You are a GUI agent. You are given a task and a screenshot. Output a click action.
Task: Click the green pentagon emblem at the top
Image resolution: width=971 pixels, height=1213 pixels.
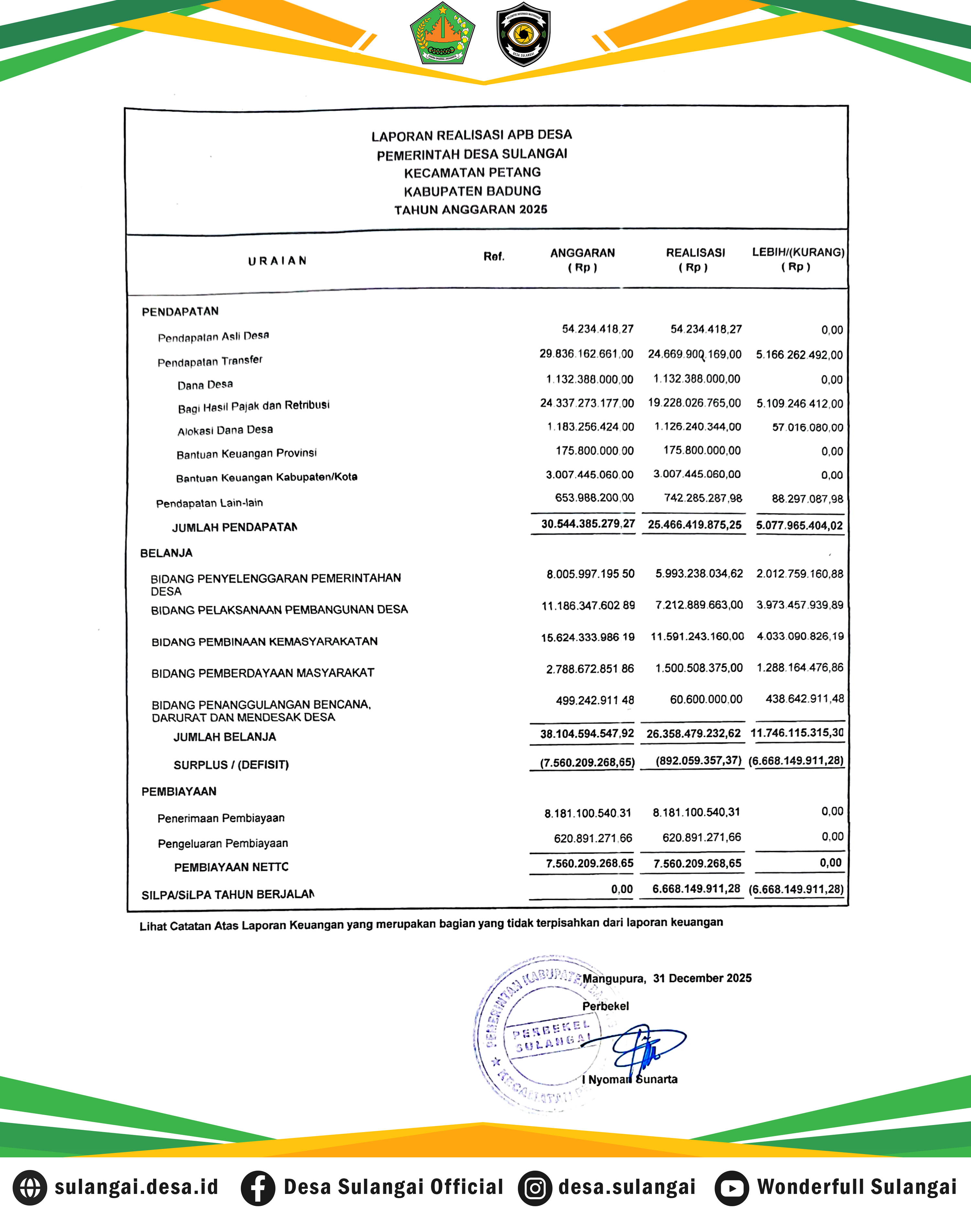(442, 33)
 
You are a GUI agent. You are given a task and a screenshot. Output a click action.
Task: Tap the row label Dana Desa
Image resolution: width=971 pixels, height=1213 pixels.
(205, 385)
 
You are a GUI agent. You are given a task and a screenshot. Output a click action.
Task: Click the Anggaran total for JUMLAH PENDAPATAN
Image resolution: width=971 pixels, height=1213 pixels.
(588, 524)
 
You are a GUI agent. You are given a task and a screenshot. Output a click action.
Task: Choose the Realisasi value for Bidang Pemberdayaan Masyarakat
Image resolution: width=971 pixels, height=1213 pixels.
(698, 668)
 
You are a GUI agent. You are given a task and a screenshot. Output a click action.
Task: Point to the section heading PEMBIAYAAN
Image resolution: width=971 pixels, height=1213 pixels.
(179, 792)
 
